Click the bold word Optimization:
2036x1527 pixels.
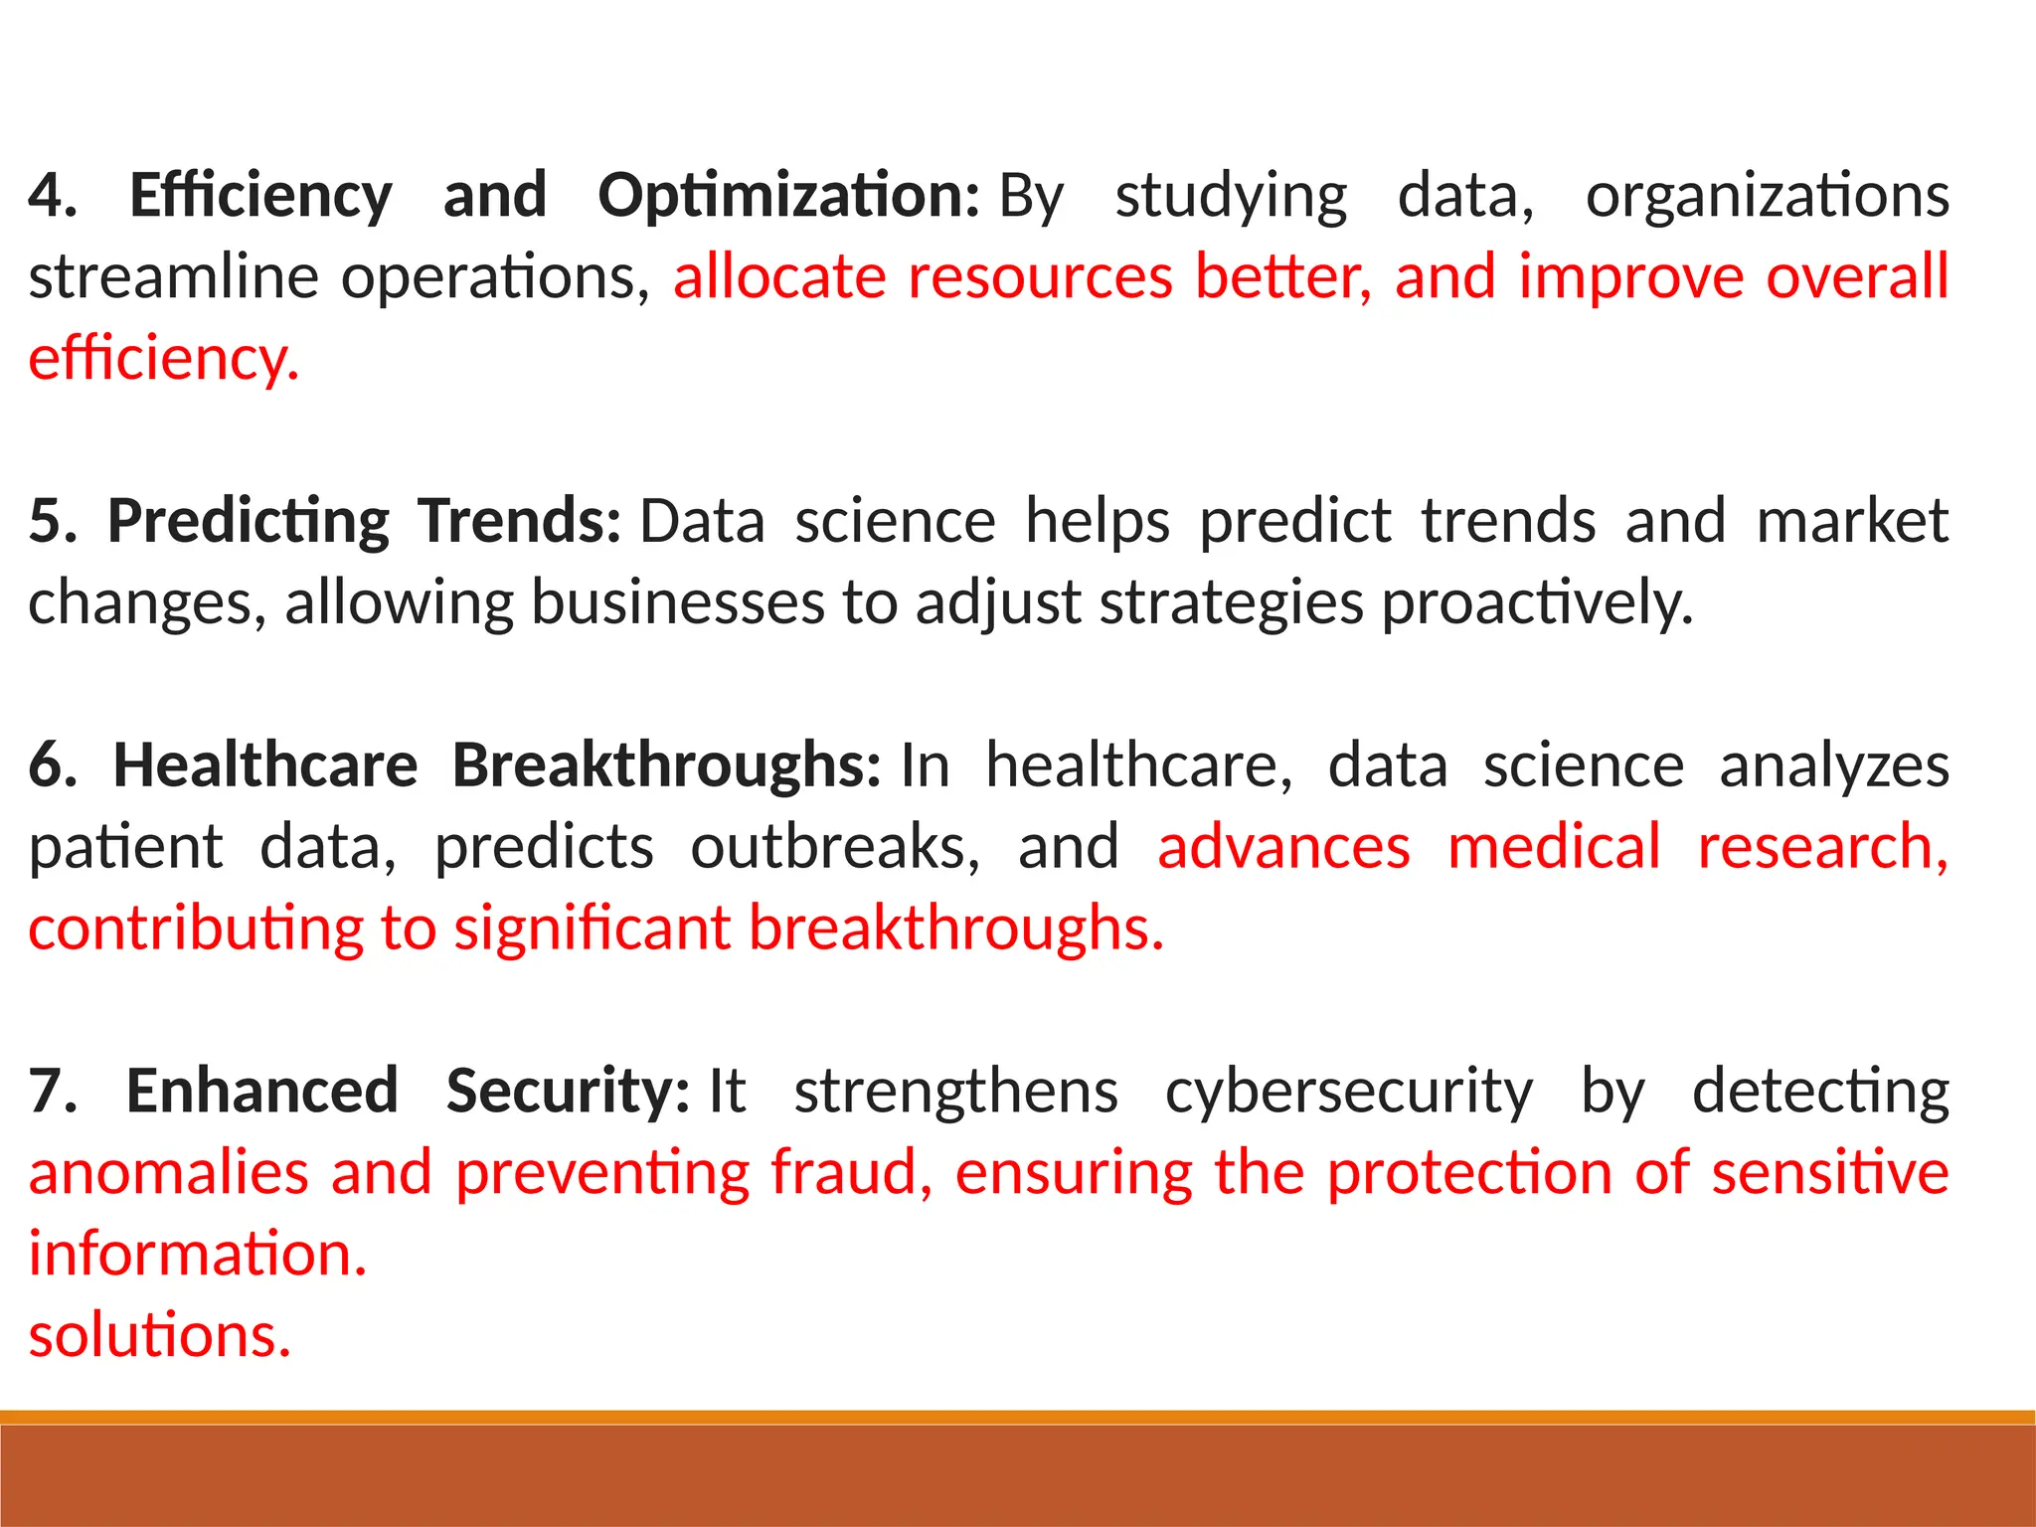788,196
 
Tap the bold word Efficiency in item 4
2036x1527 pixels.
260,196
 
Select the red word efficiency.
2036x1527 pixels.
163,359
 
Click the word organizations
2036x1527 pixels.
1767,196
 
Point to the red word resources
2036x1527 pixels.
1040,277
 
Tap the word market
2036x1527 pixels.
1851,521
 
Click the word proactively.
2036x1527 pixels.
1537,602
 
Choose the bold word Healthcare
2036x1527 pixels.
264,765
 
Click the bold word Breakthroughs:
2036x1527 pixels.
666,765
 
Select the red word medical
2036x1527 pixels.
1553,847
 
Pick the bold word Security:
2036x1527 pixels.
567,1092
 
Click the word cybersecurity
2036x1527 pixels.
1348,1092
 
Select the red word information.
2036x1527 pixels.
197,1255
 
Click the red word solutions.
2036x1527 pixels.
159,1335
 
